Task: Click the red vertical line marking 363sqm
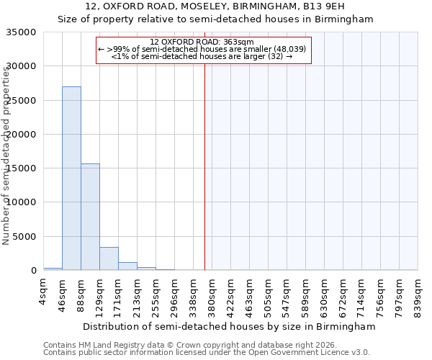point(205,166)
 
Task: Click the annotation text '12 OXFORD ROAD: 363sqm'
point(202,42)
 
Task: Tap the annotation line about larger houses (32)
point(202,56)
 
